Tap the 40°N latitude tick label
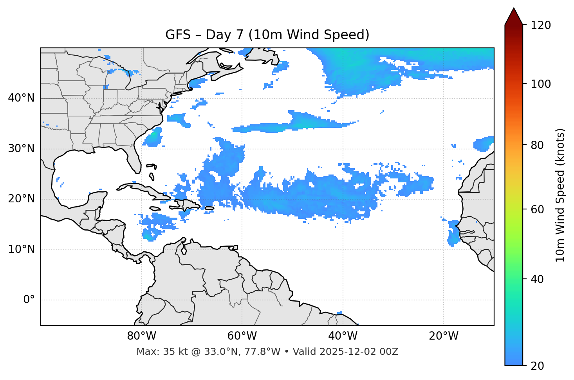coord(21,98)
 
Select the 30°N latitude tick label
coord(21,149)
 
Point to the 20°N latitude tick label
coord(21,199)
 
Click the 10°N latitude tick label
coord(21,249)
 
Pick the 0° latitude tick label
coord(29,300)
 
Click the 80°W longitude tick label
coord(141,336)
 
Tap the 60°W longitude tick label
coord(242,336)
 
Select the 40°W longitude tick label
coord(343,336)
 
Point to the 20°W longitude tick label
coord(443,336)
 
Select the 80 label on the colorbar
coord(538,145)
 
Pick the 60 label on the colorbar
coord(538,209)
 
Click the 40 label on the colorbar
coord(538,279)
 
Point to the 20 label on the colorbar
coord(538,366)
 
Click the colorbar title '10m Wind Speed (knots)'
coord(560,195)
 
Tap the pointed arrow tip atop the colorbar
coord(514,9)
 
